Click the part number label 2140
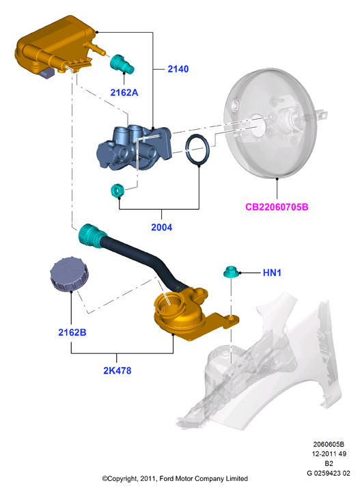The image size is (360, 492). [178, 69]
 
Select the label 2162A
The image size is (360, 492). [124, 92]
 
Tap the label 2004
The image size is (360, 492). [161, 227]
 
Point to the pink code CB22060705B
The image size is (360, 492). [277, 207]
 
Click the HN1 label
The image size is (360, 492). [272, 273]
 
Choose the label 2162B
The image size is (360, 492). [72, 332]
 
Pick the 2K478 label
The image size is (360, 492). [117, 370]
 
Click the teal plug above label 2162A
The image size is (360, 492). [122, 64]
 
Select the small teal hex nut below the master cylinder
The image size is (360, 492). [117, 191]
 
